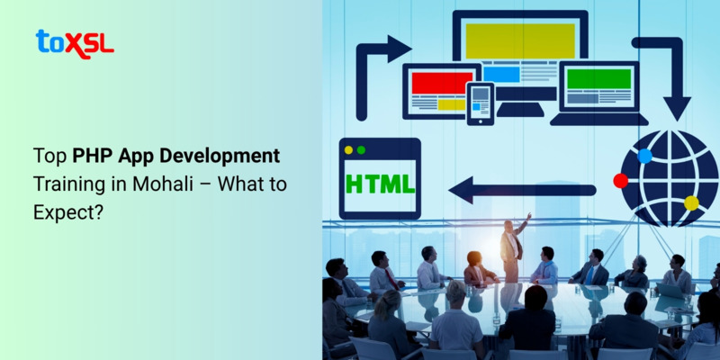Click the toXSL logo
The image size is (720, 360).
pos(75,42)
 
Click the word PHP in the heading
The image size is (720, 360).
pos(93,156)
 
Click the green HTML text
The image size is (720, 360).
pos(380,184)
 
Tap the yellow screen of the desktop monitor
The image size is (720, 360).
pos(519,41)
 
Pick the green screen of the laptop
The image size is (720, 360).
pos(598,79)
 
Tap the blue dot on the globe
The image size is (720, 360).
pos(644,156)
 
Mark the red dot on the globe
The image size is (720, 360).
pos(620,180)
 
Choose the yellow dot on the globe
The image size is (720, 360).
pos(691,203)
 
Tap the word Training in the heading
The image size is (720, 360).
pos(66,182)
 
